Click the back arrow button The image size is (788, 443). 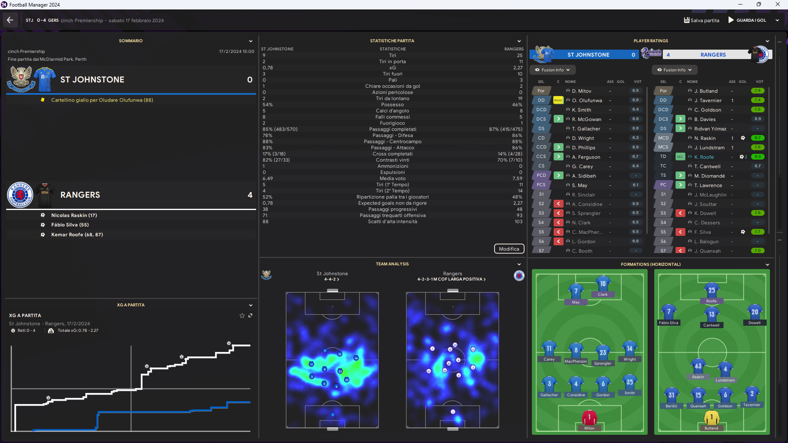pyautogui.click(x=10, y=20)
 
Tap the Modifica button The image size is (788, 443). pyautogui.click(x=509, y=249)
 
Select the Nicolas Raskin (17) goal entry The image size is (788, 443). pyautogui.click(x=74, y=215)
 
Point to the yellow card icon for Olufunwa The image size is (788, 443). pyautogui.click(x=43, y=100)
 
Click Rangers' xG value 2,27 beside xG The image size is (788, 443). pyautogui.click(x=518, y=68)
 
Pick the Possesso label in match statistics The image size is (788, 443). pyautogui.click(x=392, y=105)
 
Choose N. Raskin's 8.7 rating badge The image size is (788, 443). pyautogui.click(x=757, y=138)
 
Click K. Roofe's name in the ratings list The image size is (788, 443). pyautogui.click(x=704, y=157)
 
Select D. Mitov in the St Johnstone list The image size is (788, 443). pyautogui.click(x=582, y=91)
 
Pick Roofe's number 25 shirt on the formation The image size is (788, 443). pyautogui.click(x=712, y=290)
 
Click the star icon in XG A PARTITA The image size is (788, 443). pyautogui.click(x=242, y=315)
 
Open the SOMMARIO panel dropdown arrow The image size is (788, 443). pyautogui.click(x=251, y=41)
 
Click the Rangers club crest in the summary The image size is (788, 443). pyautogui.click(x=20, y=195)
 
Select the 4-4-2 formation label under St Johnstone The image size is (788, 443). pyautogui.click(x=332, y=279)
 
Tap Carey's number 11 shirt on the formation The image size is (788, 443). pyautogui.click(x=549, y=349)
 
